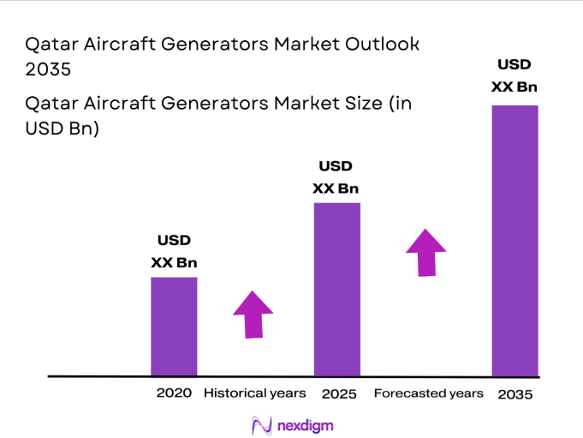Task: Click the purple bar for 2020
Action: (174, 326)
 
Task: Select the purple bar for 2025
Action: (336, 289)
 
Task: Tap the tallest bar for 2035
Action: (515, 240)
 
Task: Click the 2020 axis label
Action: (174, 393)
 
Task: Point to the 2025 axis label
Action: (338, 394)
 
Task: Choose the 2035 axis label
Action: (515, 394)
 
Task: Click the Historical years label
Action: (254, 393)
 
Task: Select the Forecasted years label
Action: (428, 393)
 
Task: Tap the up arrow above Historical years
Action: (253, 315)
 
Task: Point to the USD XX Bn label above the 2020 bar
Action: (174, 251)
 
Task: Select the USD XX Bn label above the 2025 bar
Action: (336, 177)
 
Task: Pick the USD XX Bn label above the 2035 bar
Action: (515, 75)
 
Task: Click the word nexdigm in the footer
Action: (306, 424)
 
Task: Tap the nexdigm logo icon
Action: (261, 424)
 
